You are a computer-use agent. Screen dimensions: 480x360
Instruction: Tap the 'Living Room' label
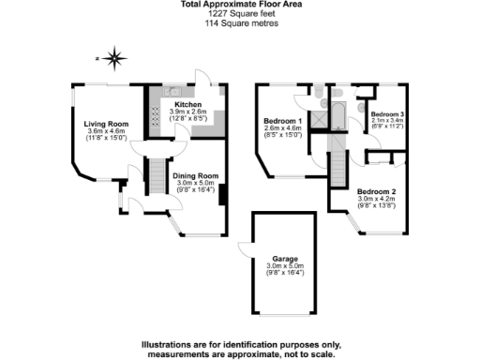(x=106, y=123)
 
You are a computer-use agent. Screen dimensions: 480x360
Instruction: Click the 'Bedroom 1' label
(x=282, y=122)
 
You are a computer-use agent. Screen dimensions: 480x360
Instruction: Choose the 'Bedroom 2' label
(x=378, y=191)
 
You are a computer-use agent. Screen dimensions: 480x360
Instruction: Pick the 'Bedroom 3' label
(x=386, y=113)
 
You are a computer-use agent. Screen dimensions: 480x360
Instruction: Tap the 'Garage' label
(x=284, y=258)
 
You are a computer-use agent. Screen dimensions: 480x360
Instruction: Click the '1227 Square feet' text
(x=240, y=15)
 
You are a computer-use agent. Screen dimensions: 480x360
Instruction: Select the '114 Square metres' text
(x=240, y=24)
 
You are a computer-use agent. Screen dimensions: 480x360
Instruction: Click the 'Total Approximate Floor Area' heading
(x=240, y=6)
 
